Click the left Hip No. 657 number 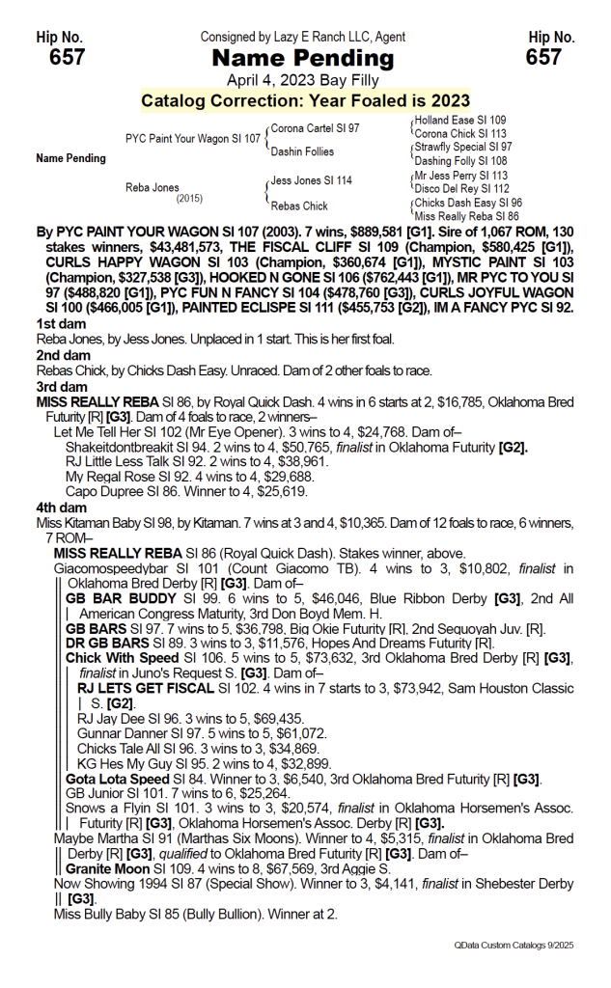[x=67, y=58]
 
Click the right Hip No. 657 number [x=543, y=58]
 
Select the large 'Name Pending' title [x=304, y=59]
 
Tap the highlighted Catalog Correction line [x=305, y=100]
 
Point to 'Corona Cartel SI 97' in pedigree [x=315, y=127]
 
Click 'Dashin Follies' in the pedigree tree [x=302, y=151]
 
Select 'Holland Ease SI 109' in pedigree [x=459, y=121]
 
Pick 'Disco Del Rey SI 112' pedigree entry [x=461, y=189]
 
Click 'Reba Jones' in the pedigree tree [x=153, y=188]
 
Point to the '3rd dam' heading [x=60, y=385]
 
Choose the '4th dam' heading [x=60, y=508]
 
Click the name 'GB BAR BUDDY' [x=112, y=599]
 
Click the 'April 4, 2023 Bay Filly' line [x=304, y=80]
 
